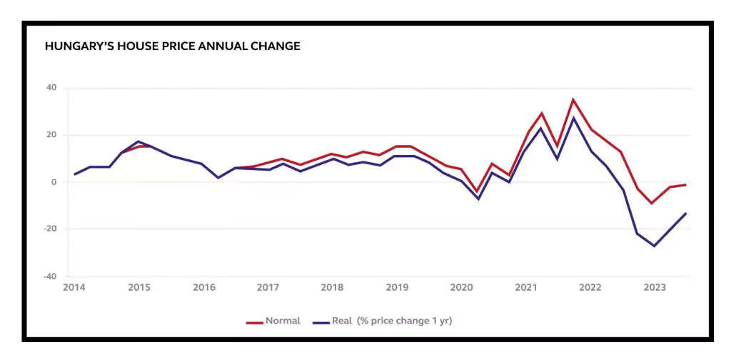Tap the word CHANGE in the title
coord(274,46)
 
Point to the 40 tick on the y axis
coord(51,89)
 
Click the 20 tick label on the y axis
coord(51,135)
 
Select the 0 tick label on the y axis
coord(54,182)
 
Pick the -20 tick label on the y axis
coord(49,229)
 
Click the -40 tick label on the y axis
coord(49,276)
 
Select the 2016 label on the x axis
coord(204,288)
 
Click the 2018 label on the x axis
coord(332,288)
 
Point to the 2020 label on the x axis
coord(461,288)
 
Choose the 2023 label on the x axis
coord(655,288)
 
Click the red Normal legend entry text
coord(283,321)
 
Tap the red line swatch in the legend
coord(255,322)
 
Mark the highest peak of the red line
coord(573,99)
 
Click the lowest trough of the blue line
coord(654,246)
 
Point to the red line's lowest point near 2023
coord(651,203)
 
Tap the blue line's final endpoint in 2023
coord(686,213)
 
